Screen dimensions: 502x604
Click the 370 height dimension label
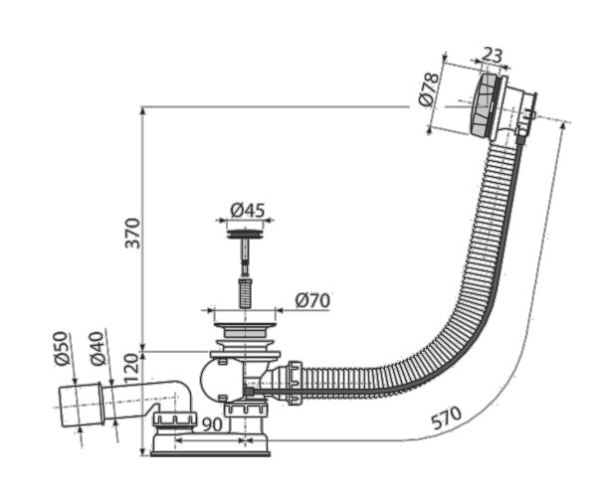tap(132, 231)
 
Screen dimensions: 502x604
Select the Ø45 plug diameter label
tap(247, 210)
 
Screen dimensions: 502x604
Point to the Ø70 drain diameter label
tap(314, 300)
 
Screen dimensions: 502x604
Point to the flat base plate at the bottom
tap(210, 452)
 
